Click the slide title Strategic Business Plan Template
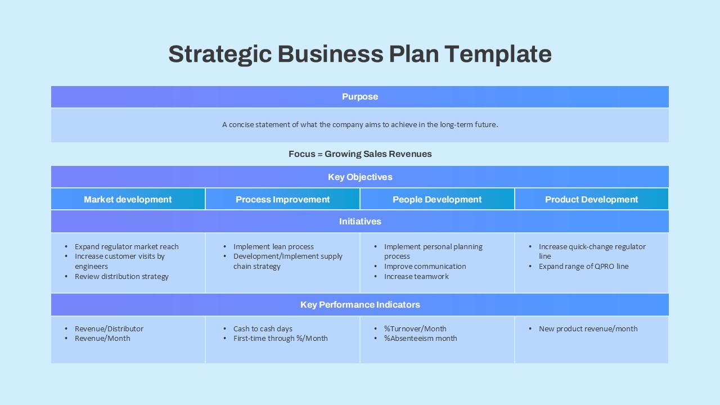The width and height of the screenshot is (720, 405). tap(360, 54)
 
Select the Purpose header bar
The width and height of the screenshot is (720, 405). tap(360, 97)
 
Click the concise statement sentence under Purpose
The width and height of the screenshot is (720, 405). tap(360, 125)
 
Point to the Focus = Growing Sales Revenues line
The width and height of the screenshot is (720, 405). tap(360, 154)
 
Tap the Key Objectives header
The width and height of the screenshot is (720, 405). tap(360, 177)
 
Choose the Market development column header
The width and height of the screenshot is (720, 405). tap(128, 200)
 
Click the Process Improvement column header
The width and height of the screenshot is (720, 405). tap(282, 200)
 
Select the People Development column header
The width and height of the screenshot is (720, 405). tap(437, 200)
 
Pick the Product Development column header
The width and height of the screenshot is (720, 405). tap(591, 200)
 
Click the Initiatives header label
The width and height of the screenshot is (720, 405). tap(360, 222)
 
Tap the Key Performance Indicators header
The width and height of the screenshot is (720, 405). tap(360, 305)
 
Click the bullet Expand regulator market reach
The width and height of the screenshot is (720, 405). tap(127, 247)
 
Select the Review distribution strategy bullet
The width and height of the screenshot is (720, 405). tap(121, 277)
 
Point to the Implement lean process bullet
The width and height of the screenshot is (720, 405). tap(273, 247)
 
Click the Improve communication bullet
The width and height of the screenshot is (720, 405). tap(425, 267)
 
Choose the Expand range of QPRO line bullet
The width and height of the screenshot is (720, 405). tap(583, 267)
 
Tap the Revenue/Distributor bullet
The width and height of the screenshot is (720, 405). tap(109, 329)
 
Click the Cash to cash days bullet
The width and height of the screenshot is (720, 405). tap(263, 329)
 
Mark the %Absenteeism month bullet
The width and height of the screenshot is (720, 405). tap(420, 339)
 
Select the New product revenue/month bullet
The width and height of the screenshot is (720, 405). tap(588, 329)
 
